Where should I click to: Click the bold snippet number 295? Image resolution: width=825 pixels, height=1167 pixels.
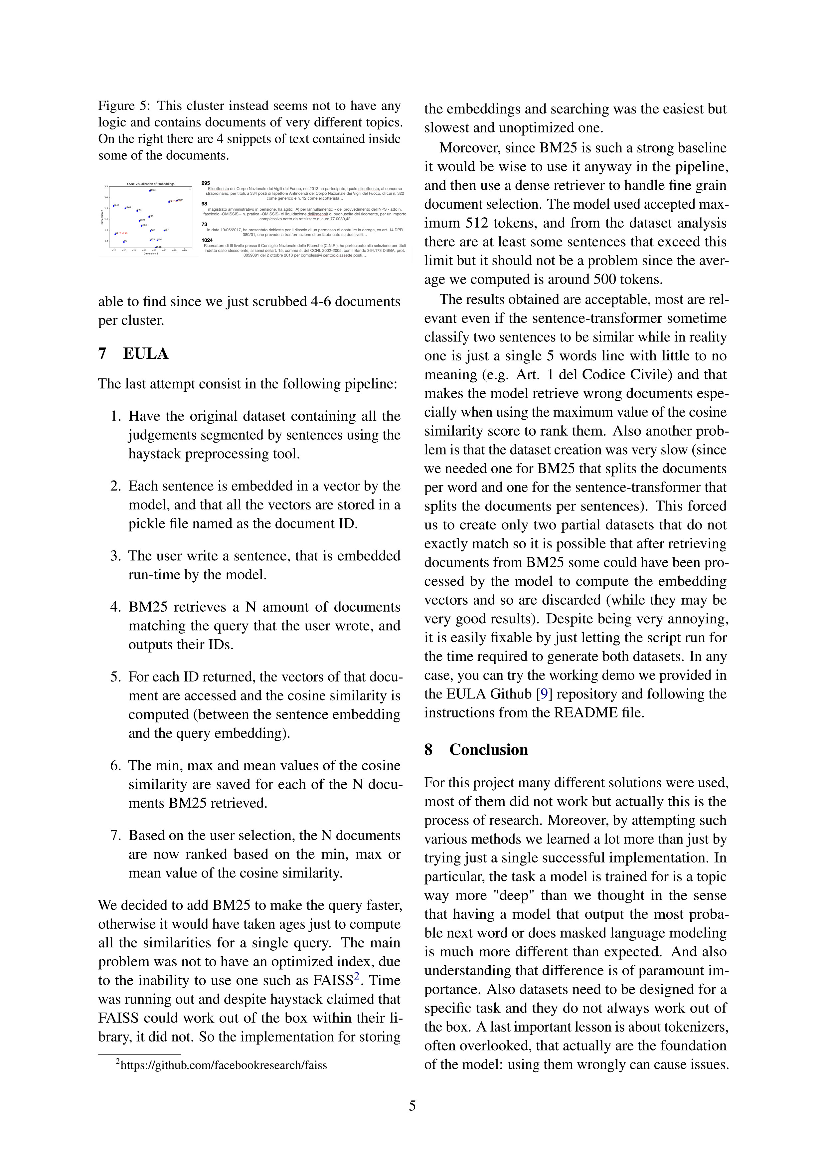tap(206, 183)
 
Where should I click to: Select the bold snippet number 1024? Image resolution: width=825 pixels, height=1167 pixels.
tap(207, 240)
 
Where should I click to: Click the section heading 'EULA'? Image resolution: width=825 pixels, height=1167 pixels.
tap(145, 354)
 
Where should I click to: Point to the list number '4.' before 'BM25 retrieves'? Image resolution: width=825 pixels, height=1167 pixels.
tap(115, 607)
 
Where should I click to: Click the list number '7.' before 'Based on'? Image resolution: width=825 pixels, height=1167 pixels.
tap(115, 836)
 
